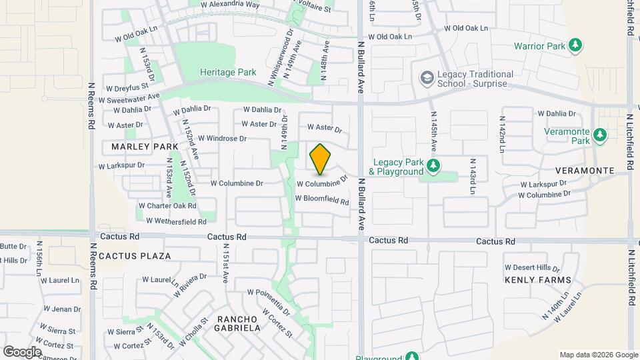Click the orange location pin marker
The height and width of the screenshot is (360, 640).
[x=321, y=159]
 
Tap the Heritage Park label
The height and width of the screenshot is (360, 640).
[x=228, y=72]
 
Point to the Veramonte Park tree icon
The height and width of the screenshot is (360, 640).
[x=601, y=136]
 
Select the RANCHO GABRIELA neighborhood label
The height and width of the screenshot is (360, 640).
[x=237, y=323]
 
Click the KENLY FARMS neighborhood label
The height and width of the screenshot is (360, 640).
[x=537, y=280]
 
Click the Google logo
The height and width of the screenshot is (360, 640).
[x=22, y=351]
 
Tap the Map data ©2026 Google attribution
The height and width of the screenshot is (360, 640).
[x=598, y=355]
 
